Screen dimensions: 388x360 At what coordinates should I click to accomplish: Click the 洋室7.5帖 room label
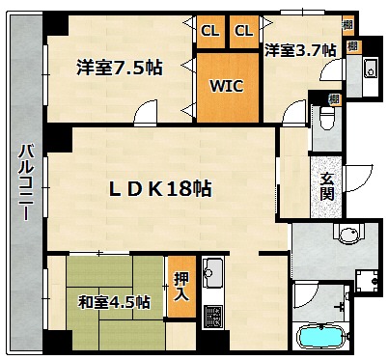pyautogui.click(x=120, y=68)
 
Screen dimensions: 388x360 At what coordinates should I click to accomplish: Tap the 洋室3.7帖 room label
pyautogui.click(x=300, y=50)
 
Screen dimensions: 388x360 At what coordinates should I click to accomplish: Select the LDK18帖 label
pyautogui.click(x=160, y=189)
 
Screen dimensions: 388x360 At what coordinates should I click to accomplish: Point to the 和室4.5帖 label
pyautogui.click(x=114, y=302)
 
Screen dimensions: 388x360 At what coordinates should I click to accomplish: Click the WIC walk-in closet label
pyautogui.click(x=227, y=86)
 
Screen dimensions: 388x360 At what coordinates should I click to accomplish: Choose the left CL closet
pyautogui.click(x=210, y=31)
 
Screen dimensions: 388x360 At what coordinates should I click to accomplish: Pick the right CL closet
pyautogui.click(x=244, y=31)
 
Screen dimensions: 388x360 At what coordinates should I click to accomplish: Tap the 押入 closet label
pyautogui.click(x=181, y=287)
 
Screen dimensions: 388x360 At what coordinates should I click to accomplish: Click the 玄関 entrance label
pyautogui.click(x=327, y=187)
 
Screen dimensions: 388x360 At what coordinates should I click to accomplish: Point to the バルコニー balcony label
pyautogui.click(x=26, y=182)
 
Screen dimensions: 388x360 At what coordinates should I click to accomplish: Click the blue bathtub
pyautogui.click(x=321, y=337)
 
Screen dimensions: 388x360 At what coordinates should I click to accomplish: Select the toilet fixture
pyautogui.click(x=327, y=118)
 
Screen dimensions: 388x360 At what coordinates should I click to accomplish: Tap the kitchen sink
pyautogui.click(x=212, y=273)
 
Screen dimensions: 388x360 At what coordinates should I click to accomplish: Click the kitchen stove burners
pyautogui.click(x=212, y=316)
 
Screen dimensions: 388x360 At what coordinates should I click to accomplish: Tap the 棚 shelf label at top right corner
pyautogui.click(x=347, y=24)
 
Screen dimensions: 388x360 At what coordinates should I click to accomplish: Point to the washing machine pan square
pyautogui.click(x=367, y=281)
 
